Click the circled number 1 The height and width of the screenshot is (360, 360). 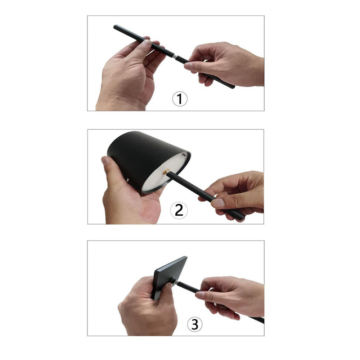tap(180, 99)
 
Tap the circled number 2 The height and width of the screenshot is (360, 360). tap(179, 210)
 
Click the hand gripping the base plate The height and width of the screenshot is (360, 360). tap(148, 310)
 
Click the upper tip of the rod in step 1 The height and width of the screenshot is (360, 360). tap(116, 27)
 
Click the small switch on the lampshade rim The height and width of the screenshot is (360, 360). tap(185, 155)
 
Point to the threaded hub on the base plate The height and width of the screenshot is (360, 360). tap(173, 280)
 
